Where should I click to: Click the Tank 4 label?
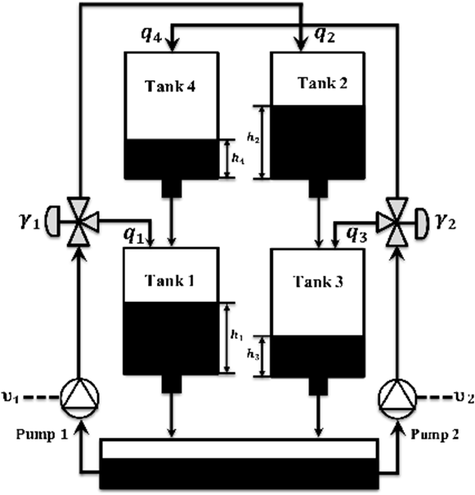170,86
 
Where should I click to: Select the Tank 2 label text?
322,83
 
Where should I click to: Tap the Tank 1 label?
169,281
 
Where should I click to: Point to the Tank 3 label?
318,281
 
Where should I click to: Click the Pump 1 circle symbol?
80,398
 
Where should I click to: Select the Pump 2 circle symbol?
397,398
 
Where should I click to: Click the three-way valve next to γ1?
78,221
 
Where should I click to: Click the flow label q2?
325,35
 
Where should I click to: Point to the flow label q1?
133,236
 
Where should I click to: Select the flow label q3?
356,235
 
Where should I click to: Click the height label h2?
253,138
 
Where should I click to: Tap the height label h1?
236,335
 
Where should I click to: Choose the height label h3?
253,355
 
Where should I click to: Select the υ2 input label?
464,398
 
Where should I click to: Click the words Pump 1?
42,435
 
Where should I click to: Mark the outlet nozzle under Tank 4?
172,188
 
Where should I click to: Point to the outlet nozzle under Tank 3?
318,385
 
